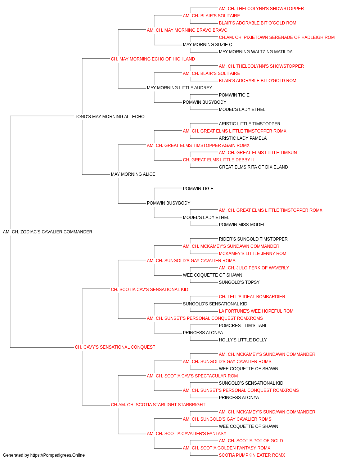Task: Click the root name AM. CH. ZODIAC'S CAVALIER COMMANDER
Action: [48, 232]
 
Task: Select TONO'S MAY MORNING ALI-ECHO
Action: [109, 116]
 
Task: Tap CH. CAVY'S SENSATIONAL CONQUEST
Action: [115, 347]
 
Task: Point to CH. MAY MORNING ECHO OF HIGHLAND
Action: [153, 59]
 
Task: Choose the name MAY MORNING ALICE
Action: [133, 174]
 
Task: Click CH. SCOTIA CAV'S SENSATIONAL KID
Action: [149, 289]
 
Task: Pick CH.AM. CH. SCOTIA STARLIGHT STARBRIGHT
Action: [158, 405]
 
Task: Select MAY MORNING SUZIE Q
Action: [208, 45]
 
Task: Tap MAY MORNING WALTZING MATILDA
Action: [256, 52]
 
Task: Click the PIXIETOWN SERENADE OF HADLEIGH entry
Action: [277, 37]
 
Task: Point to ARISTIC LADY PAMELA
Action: [243, 138]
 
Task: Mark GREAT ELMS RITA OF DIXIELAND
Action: [253, 167]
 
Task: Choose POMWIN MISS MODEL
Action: [242, 225]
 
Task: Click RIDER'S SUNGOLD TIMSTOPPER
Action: [253, 239]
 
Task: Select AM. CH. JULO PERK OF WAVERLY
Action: [254, 268]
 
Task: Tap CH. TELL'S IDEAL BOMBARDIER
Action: [252, 296]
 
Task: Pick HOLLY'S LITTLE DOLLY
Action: [243, 340]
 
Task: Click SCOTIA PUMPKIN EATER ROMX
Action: [252, 455]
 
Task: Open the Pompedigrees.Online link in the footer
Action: [58, 455]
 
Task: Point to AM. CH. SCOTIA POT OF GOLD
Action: [251, 440]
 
